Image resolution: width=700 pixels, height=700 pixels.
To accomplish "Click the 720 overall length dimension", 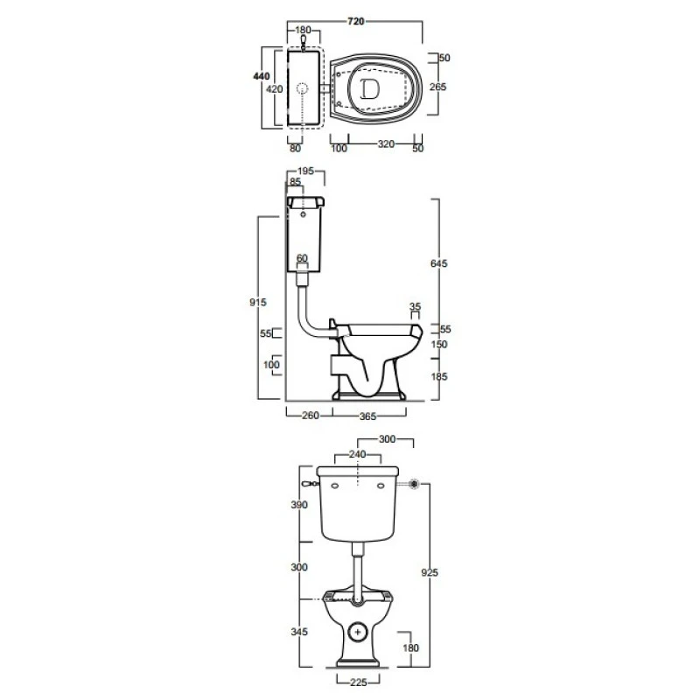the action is (356, 21).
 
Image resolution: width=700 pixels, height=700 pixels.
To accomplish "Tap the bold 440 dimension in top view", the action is (261, 76).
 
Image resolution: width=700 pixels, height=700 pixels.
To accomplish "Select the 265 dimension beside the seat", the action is (437, 87).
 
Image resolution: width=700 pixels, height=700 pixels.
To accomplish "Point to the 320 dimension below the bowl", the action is (386, 143).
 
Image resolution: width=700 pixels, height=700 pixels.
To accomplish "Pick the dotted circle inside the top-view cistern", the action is (303, 88).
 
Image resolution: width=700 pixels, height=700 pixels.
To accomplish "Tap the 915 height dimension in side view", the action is (258, 302).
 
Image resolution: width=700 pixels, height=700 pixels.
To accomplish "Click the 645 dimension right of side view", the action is (439, 263).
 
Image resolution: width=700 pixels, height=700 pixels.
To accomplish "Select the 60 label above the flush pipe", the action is (302, 258).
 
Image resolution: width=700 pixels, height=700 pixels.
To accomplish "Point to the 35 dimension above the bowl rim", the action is (415, 306).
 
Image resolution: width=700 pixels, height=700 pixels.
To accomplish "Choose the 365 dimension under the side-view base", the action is (367, 416).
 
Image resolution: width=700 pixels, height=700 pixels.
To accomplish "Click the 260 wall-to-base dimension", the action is (311, 416).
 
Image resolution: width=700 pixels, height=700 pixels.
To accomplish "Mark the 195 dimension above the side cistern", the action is (305, 171).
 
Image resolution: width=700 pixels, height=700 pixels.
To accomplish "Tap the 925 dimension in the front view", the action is (430, 572).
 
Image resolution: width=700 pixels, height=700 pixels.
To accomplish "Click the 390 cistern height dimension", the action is (299, 505).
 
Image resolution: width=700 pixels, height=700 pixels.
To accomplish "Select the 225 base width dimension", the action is (359, 682).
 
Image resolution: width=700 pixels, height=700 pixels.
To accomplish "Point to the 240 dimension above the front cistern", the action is (358, 454).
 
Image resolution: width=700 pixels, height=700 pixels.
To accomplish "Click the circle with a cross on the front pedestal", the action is (357, 632).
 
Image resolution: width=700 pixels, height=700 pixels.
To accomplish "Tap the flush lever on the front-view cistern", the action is (310, 484).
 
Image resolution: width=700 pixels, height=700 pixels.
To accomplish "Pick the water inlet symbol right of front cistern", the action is (414, 484).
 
